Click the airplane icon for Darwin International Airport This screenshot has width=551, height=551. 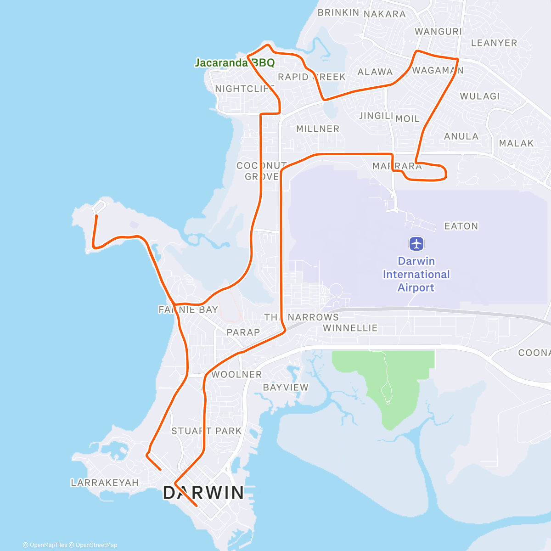point(416,243)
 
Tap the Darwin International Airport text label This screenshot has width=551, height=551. point(416,274)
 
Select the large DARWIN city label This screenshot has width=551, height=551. point(204,493)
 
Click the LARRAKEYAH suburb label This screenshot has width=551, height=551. point(105,483)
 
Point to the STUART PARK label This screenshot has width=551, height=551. point(206,431)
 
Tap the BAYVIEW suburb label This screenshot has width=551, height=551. point(286,388)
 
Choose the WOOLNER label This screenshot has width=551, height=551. point(236,374)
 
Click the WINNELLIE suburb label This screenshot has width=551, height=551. point(350,328)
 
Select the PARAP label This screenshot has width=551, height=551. point(243,332)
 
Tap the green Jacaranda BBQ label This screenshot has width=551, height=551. point(235,63)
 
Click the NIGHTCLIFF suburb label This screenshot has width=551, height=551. point(244,89)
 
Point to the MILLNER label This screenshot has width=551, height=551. point(318,129)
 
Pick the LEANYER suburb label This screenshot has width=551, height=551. point(494,43)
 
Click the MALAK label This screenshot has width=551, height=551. point(516,143)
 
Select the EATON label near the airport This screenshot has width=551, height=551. point(461,226)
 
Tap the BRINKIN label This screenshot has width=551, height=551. point(338,12)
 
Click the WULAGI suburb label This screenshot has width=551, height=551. point(479,96)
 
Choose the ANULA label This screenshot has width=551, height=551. point(461,136)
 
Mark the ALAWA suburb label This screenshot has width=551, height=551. point(375,72)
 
